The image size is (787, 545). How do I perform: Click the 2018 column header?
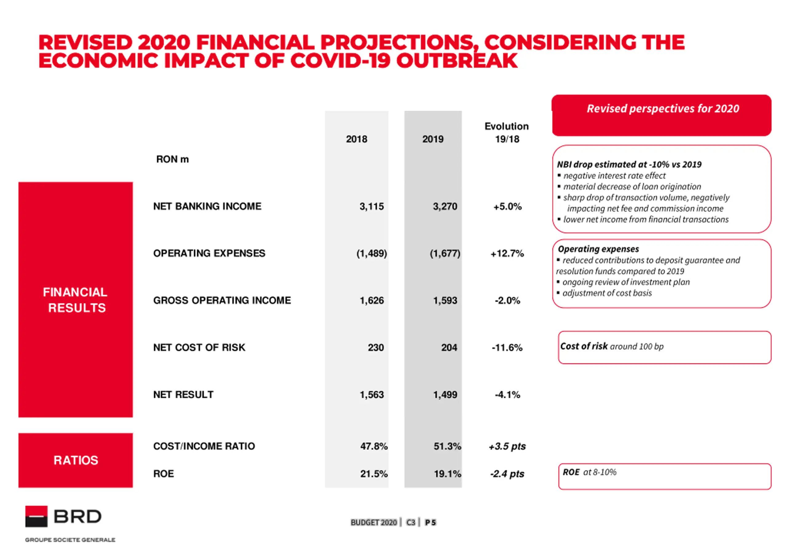[356, 139]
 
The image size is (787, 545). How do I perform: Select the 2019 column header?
[433, 139]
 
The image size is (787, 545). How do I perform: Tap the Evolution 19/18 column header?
[507, 133]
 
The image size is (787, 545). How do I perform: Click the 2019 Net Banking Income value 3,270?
[445, 206]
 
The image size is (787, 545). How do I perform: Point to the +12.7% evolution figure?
[507, 253]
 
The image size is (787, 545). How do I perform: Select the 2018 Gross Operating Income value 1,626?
[372, 300]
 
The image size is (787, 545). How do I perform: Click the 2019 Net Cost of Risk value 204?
[449, 348]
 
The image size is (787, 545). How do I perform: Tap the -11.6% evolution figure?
[507, 348]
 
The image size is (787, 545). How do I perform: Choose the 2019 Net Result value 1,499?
[445, 395]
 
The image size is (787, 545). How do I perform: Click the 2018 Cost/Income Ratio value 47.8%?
[374, 446]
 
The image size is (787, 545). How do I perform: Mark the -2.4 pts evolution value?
[507, 474]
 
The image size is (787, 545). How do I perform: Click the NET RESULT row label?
[183, 395]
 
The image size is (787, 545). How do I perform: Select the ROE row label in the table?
[164, 474]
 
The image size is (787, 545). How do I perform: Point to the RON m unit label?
[172, 159]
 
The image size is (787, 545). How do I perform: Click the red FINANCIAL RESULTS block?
[75, 300]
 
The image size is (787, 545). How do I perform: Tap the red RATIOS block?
[75, 460]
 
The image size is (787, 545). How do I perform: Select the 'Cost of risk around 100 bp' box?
[664, 347]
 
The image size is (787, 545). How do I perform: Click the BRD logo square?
[36, 516]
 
